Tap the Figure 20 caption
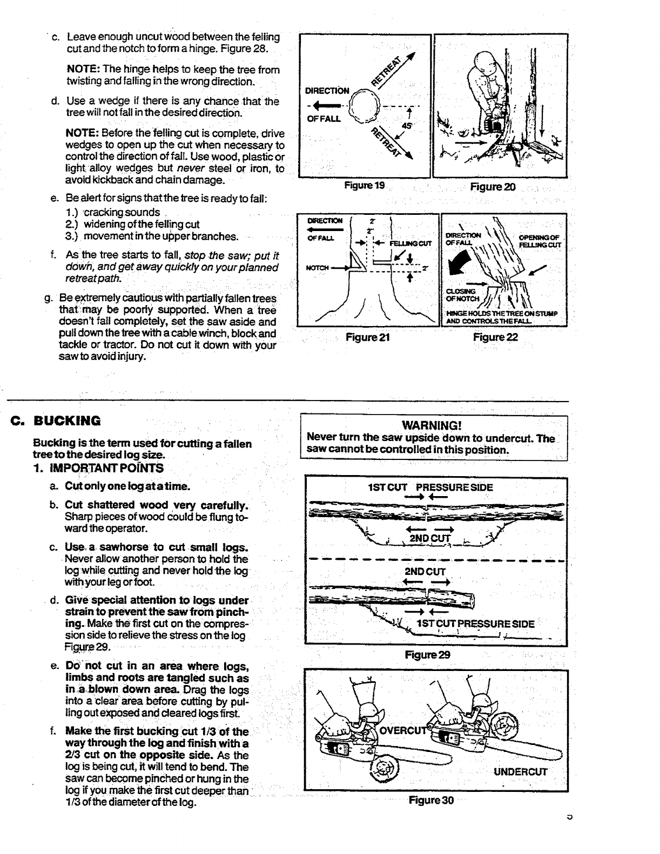(x=493, y=187)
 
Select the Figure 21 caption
(x=368, y=337)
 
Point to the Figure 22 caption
(x=495, y=337)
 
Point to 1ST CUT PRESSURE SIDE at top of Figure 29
(x=430, y=487)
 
